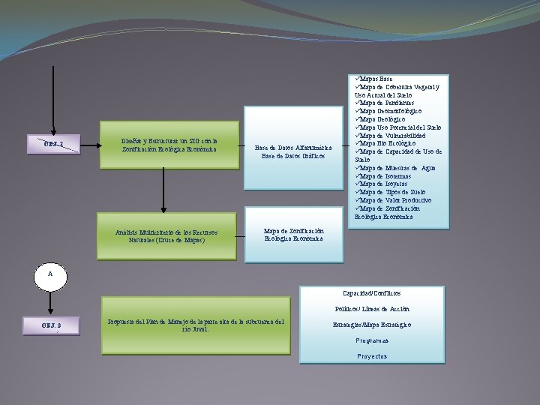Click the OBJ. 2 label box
tap(53, 144)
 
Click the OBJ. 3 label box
tap(52, 326)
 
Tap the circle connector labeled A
tap(50, 275)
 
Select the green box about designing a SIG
tap(169, 145)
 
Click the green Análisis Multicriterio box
tap(166, 236)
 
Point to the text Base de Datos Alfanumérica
tap(292, 148)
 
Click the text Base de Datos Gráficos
tap(292, 156)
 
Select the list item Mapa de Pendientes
tap(382, 103)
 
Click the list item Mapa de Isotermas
tap(384, 176)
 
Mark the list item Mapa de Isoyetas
tap(382, 184)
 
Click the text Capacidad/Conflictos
tap(372, 292)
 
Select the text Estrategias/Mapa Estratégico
tap(372, 325)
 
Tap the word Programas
tap(372, 340)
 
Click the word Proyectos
tap(372, 356)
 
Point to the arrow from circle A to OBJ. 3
tap(50, 302)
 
